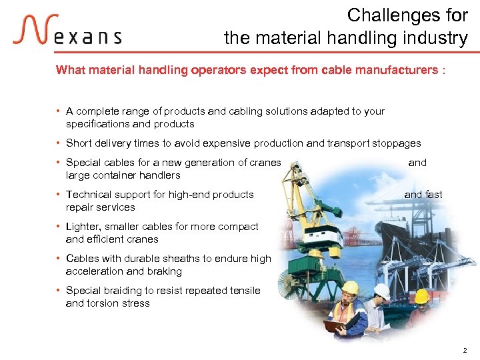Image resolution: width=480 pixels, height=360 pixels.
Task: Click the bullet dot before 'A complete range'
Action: click(x=59, y=111)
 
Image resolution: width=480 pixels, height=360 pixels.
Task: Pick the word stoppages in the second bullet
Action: click(x=397, y=143)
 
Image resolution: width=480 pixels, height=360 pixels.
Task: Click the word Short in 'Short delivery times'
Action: click(x=79, y=143)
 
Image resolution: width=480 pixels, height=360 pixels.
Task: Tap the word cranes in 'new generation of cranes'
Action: click(x=266, y=162)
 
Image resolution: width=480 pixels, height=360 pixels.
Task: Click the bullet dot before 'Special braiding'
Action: click(x=59, y=291)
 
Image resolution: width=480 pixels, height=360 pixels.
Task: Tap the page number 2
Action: click(x=464, y=349)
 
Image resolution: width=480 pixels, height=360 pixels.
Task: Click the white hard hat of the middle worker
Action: click(x=381, y=291)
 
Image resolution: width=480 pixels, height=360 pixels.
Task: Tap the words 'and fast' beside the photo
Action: click(x=423, y=195)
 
